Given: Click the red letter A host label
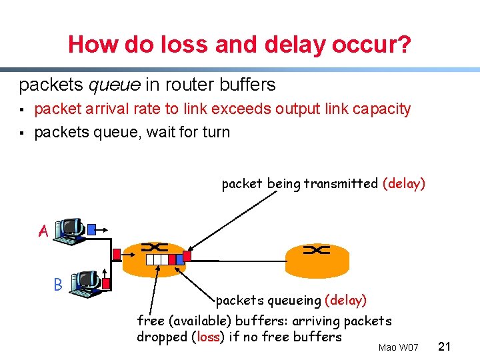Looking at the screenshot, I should point(43,231).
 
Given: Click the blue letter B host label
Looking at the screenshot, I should point(58,284).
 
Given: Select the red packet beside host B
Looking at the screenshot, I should point(107,285).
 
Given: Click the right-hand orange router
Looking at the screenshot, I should point(317,256).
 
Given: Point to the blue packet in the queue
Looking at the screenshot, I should point(171,259).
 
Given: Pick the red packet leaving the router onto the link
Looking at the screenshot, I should point(187,255).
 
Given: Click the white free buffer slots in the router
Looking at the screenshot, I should point(156,259).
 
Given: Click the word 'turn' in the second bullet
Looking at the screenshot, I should point(215,132).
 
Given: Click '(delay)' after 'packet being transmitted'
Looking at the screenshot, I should point(404,183).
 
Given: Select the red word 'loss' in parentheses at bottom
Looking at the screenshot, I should point(208,337).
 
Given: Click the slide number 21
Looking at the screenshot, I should point(446,346).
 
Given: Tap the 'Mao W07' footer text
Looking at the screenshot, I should point(398,347).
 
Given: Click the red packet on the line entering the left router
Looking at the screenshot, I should point(117,254).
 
